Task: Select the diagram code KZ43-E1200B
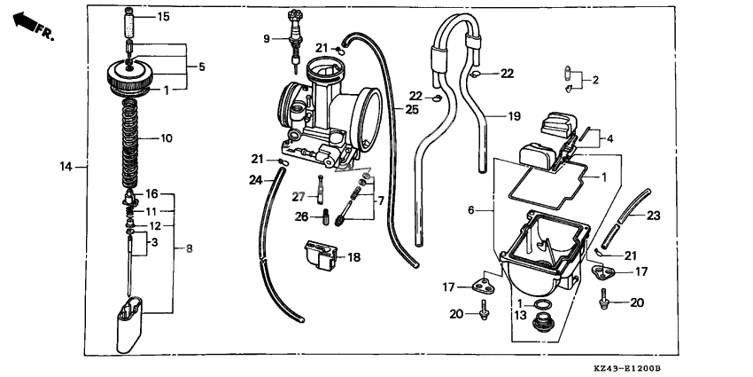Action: tap(630, 367)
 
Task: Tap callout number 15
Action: tap(163, 17)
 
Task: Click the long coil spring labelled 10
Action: tap(130, 137)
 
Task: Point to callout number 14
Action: tap(66, 166)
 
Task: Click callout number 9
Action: tap(266, 39)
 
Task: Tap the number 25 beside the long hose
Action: tap(411, 110)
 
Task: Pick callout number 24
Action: tap(255, 180)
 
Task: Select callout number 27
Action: tap(299, 196)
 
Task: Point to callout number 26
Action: tap(301, 216)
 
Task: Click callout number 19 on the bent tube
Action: tap(514, 116)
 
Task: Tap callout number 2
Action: tap(594, 81)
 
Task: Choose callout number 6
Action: tap(472, 210)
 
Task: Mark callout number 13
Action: tap(520, 314)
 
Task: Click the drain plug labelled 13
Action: tap(545, 325)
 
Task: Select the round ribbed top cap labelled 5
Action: tap(131, 74)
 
